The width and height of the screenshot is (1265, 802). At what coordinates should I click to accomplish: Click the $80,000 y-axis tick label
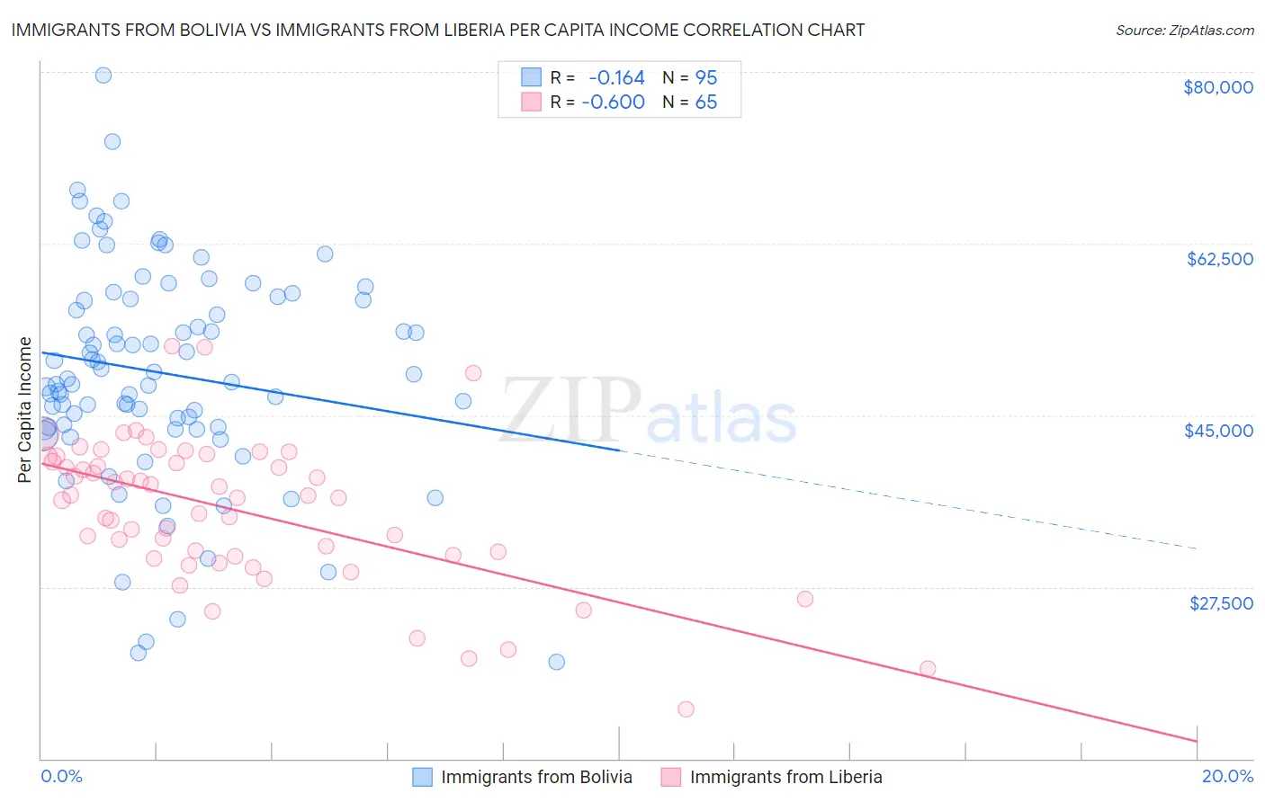1217,87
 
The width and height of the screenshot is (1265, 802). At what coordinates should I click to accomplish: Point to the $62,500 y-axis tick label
1219,259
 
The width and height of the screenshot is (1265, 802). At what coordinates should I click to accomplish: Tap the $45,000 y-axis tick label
1218,431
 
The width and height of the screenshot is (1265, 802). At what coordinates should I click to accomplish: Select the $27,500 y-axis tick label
1221,603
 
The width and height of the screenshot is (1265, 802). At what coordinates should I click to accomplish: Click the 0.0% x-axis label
61,777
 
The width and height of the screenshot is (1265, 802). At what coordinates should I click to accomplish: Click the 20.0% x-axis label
1227,777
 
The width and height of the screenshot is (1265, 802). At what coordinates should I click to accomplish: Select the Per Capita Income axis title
24,410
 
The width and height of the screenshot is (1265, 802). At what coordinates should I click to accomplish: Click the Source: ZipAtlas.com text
1184,30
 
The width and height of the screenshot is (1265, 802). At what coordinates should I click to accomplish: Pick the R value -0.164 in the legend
616,78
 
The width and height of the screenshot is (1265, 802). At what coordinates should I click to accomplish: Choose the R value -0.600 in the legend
614,102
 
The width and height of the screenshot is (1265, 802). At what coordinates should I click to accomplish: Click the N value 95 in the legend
706,78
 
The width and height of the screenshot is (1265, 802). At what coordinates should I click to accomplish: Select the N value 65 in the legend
706,102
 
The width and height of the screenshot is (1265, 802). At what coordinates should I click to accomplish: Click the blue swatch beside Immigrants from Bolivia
422,778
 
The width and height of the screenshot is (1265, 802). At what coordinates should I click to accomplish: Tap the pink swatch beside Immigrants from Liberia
670,778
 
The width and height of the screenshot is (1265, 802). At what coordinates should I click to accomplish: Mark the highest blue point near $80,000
103,76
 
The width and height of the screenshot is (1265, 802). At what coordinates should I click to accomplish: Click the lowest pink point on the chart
686,709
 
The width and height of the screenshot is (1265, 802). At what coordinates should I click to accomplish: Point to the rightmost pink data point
928,669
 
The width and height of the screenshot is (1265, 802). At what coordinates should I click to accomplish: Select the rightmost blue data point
557,662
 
